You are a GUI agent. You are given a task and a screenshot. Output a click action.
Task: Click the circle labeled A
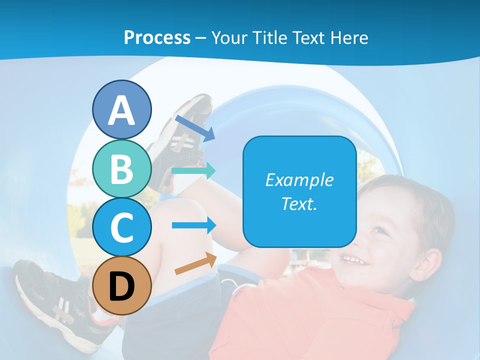tap(122, 110)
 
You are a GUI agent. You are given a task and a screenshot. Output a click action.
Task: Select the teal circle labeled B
tap(122, 169)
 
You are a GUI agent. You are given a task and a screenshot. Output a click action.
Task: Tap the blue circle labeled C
tap(122, 227)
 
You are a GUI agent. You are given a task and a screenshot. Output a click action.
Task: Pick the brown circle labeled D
tap(122, 285)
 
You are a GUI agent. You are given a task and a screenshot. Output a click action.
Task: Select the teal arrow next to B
tap(193, 170)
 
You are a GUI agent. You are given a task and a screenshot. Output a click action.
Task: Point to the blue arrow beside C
tap(194, 225)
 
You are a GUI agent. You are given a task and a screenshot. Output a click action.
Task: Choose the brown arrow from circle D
tap(195, 264)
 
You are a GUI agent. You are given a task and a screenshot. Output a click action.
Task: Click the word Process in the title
tap(157, 37)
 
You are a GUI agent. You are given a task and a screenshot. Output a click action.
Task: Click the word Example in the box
tap(299, 180)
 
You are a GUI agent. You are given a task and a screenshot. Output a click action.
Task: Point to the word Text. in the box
tap(299, 203)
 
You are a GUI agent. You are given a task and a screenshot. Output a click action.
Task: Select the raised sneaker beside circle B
tap(182, 135)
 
